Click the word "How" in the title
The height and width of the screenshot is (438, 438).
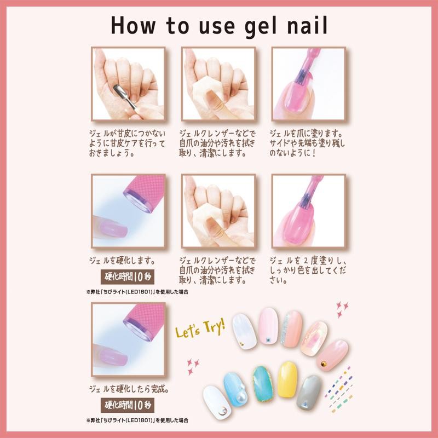coord(133,25)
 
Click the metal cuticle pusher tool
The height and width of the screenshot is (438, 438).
coord(125,97)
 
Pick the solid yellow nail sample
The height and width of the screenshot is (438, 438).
coord(287,379)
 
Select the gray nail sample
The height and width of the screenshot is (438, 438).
coord(308,393)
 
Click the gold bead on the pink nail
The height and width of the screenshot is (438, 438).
coord(324,364)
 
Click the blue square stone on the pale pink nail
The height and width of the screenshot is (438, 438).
coord(268,339)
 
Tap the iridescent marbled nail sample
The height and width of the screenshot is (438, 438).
coord(314,338)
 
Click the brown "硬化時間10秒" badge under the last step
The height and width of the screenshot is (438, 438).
coord(128,405)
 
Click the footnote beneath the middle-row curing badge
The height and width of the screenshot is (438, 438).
coord(137,292)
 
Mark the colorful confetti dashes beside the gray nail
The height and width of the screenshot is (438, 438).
coord(339,389)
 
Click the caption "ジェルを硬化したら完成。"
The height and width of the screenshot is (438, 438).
coord(129,389)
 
